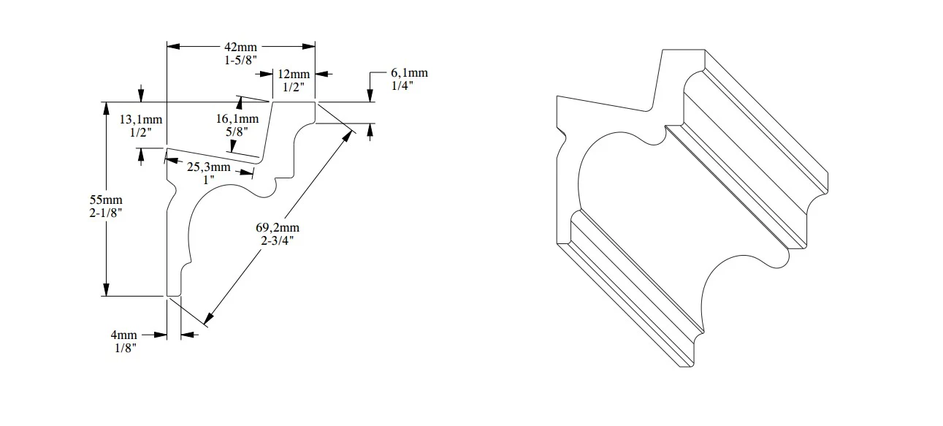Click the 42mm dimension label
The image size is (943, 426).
pos(240,47)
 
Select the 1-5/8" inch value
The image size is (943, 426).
pos(240,61)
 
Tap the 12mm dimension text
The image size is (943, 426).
pos(294,75)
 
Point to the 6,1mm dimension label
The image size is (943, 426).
pos(409,72)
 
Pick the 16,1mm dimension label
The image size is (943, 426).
pos(237,118)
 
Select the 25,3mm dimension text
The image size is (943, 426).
pos(208,167)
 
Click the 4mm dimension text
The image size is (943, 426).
pos(124,335)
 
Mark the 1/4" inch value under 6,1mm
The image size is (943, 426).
pos(402,85)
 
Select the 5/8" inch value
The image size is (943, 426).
pos(236,132)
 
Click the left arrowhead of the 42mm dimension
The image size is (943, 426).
pos(173,47)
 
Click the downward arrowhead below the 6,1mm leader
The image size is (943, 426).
pos(370,96)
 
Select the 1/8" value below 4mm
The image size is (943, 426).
pos(124,348)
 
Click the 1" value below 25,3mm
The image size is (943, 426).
pos(209,180)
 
